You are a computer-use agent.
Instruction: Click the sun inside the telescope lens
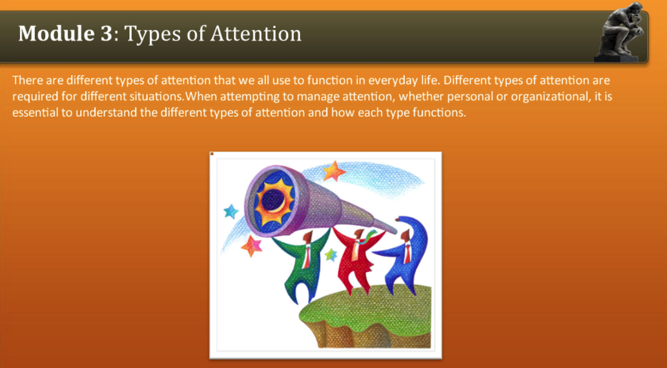(274, 201)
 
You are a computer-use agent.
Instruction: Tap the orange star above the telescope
(334, 170)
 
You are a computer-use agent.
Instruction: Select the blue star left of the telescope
(231, 212)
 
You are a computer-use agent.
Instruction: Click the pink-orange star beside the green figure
(251, 246)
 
